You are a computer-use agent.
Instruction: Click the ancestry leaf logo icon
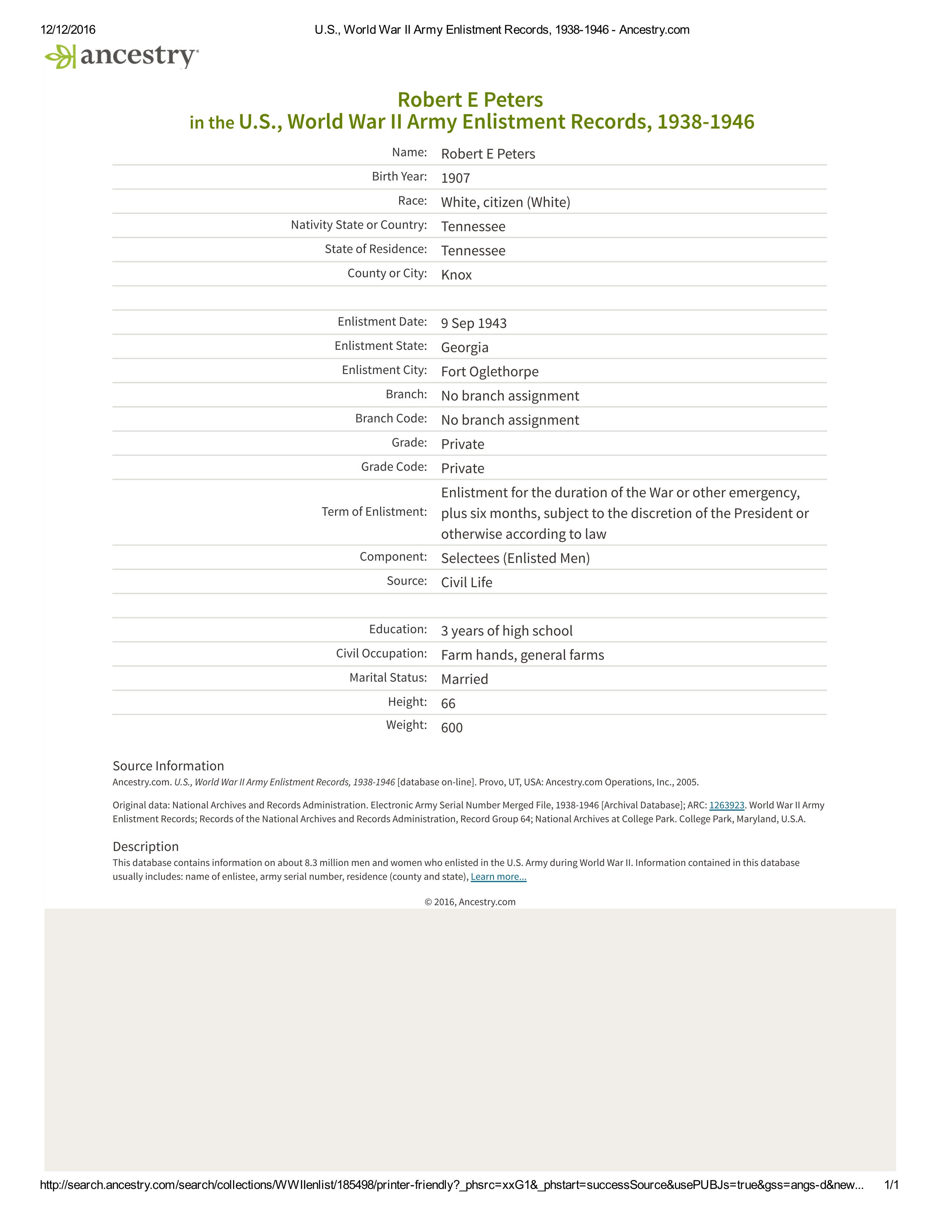click(60, 57)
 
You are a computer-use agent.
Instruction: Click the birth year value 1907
click(455, 178)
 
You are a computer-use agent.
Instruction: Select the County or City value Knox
click(456, 275)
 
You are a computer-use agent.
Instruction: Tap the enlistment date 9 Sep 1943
click(474, 323)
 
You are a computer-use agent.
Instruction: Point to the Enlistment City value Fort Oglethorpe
click(489, 371)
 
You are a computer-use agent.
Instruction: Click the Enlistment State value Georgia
click(464, 348)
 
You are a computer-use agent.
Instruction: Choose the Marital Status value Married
click(464, 679)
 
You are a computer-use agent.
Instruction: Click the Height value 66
click(448, 704)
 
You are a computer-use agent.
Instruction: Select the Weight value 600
click(452, 728)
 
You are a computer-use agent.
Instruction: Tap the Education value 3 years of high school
click(506, 631)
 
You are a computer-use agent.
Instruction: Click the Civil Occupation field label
click(381, 654)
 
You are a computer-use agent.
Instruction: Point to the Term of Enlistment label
click(374, 512)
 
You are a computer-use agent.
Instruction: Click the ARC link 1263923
click(727, 806)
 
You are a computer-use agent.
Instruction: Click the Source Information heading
click(168, 766)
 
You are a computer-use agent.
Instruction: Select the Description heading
click(146, 847)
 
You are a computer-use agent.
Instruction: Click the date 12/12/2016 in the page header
click(68, 30)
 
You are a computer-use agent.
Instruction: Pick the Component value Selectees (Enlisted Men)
click(515, 559)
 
